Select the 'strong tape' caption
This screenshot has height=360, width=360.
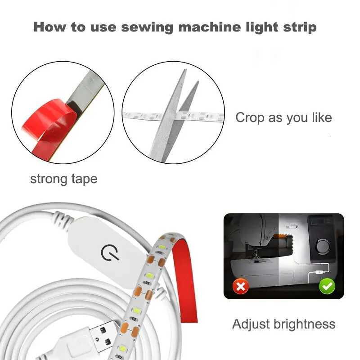point(63,179)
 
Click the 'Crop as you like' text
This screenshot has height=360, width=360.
point(283,118)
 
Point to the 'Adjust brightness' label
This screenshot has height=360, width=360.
point(283,324)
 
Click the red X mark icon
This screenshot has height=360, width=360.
point(241,286)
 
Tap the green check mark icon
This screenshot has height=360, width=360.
point(327,286)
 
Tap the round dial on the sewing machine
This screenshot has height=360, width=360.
point(322,246)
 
